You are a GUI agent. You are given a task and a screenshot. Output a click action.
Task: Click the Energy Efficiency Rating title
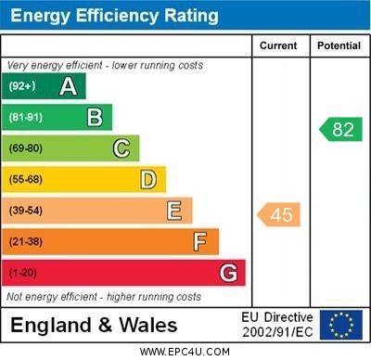(x=113, y=16)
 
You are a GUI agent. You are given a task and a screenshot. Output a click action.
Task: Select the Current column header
(x=278, y=45)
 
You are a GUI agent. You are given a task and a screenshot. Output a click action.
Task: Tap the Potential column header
(x=339, y=45)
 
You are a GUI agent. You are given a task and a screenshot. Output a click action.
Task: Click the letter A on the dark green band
(x=68, y=87)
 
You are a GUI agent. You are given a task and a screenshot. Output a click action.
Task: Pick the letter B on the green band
(x=95, y=118)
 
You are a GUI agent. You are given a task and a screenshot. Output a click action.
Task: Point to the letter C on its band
(x=122, y=148)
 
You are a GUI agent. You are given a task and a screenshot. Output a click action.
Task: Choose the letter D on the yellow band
(x=148, y=179)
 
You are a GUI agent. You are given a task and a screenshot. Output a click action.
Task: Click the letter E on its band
(x=174, y=211)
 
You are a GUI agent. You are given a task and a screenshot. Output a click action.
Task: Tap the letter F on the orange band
(x=200, y=242)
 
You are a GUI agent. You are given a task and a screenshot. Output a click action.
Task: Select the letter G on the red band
(x=228, y=273)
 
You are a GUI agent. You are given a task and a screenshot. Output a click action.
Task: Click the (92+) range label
(x=22, y=87)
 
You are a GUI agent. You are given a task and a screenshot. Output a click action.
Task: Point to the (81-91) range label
(x=26, y=118)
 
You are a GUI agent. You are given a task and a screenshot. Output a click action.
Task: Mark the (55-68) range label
(x=26, y=179)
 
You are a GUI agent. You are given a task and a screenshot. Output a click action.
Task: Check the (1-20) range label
(x=23, y=274)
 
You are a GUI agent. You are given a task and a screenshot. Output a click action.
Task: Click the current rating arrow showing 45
(x=279, y=215)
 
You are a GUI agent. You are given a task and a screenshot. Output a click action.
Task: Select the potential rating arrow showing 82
(x=340, y=129)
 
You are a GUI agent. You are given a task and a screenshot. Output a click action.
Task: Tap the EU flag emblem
(x=341, y=325)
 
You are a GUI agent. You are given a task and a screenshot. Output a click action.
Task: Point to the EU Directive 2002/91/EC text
(x=278, y=325)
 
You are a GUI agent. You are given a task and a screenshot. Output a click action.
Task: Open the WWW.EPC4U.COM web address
(x=185, y=352)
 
